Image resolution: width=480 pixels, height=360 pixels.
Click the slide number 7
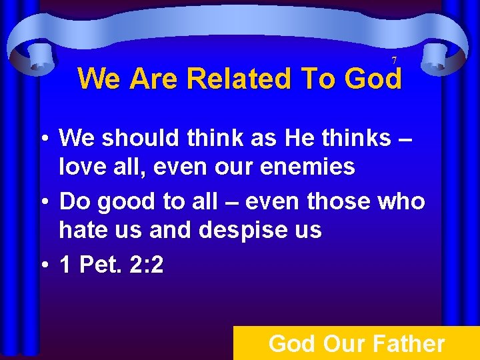[394, 61]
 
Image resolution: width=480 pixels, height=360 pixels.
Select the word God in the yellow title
[373, 79]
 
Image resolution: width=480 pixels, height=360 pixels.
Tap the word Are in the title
[157, 79]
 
